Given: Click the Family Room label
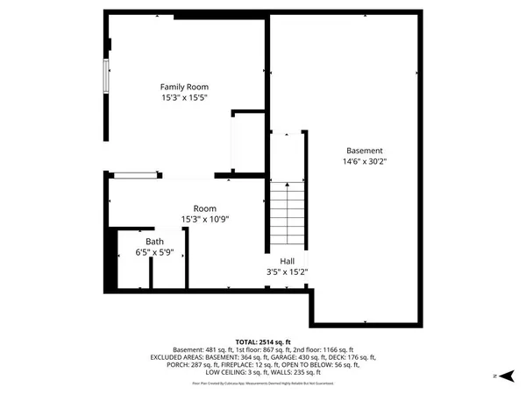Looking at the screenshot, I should [x=184, y=87].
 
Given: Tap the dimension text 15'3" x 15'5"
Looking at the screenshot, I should [x=184, y=99].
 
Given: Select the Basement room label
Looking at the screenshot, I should [x=364, y=150].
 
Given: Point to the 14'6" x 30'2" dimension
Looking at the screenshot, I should [x=364, y=162].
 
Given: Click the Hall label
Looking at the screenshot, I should [x=287, y=261].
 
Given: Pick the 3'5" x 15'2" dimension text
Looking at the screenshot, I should [x=287, y=272].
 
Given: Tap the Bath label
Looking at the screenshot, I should [x=154, y=241].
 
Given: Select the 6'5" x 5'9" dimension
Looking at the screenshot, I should [x=154, y=252].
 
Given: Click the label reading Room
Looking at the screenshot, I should [x=205, y=208].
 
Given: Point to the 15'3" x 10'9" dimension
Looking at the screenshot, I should [x=205, y=219].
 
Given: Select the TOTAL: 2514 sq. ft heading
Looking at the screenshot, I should [x=263, y=341].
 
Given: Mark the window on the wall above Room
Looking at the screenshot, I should [x=137, y=176].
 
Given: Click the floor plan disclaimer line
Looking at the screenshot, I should [x=263, y=382].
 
